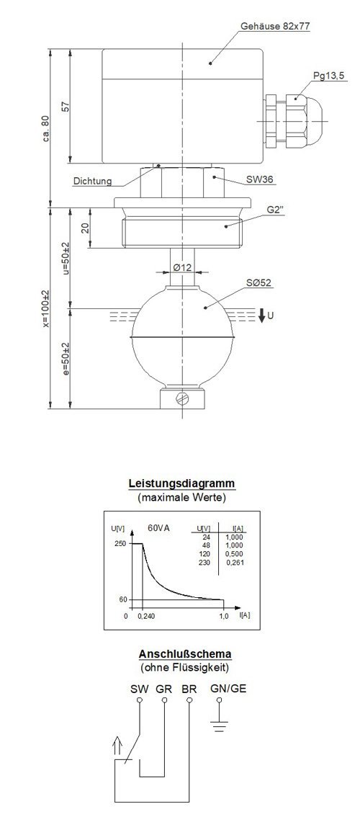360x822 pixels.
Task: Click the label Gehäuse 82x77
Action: tap(275, 26)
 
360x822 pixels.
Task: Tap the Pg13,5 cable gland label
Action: tap(328, 76)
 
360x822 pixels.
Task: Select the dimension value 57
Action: tap(66, 107)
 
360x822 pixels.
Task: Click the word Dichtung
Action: tap(93, 182)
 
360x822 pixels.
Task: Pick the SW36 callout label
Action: tap(259, 180)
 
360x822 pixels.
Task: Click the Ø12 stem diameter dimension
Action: tap(182, 267)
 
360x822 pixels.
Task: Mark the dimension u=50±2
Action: tap(66, 259)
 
